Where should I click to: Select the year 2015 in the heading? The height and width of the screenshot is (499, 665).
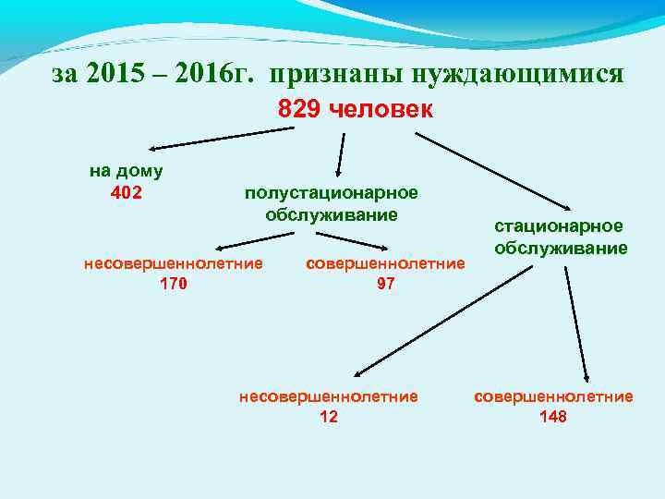pyautogui.click(x=115, y=75)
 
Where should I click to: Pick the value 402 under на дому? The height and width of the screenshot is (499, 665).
pyautogui.click(x=126, y=193)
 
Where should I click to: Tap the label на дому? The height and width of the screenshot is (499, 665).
pyautogui.click(x=127, y=171)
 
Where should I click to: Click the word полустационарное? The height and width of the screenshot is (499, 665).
pyautogui.click(x=331, y=193)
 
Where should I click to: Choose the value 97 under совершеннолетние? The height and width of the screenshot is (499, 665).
pyautogui.click(x=385, y=284)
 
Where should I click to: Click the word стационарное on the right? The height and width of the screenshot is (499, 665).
pyautogui.click(x=559, y=226)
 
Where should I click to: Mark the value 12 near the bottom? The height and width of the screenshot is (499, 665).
pyautogui.click(x=328, y=417)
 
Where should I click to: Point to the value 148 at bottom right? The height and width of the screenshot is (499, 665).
pyautogui.click(x=552, y=417)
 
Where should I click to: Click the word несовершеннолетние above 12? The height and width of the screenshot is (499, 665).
pyautogui.click(x=329, y=396)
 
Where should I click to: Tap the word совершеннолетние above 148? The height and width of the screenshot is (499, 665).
pyautogui.click(x=553, y=396)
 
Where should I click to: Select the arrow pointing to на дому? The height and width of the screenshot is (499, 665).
pyautogui.click(x=222, y=138)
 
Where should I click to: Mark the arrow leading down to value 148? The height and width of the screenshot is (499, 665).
pyautogui.click(x=574, y=319)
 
